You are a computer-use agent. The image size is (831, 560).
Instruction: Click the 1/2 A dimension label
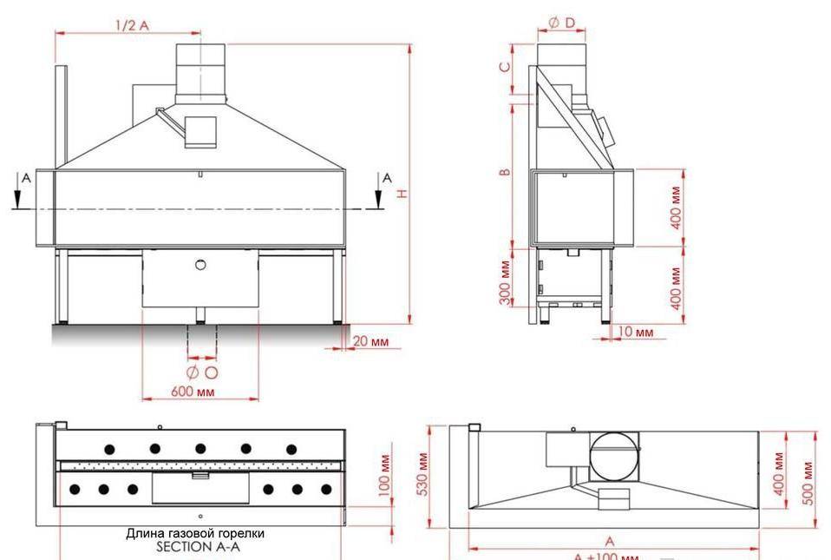click(132, 25)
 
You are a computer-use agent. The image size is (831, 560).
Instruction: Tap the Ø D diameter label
click(561, 23)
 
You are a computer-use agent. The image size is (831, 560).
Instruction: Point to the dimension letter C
click(504, 67)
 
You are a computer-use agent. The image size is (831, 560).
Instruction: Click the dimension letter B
click(504, 171)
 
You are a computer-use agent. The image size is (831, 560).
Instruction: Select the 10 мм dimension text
click(638, 333)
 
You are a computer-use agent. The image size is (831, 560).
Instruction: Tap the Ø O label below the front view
click(201, 372)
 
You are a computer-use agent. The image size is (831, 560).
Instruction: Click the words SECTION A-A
click(196, 547)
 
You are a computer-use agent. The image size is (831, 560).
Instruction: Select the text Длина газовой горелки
click(195, 533)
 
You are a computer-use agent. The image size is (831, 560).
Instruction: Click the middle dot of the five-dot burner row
click(200, 448)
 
